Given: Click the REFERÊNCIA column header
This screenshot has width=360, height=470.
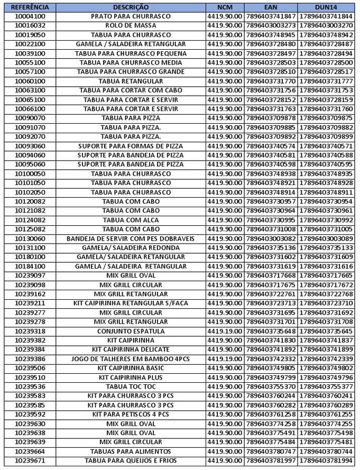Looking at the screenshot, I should pyautogui.click(x=30, y=7).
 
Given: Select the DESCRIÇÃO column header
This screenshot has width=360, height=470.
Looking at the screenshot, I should pyautogui.click(x=131, y=7).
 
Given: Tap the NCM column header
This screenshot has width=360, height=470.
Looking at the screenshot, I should pyautogui.click(x=225, y=7).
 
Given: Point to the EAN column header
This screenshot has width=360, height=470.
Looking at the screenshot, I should pyautogui.click(x=271, y=7).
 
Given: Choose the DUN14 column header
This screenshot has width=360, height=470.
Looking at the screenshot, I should pyautogui.click(x=326, y=7).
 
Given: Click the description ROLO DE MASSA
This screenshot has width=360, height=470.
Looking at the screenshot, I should pyautogui.click(x=131, y=25).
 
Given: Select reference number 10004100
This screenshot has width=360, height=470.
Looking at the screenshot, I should pyautogui.click(x=30, y=16).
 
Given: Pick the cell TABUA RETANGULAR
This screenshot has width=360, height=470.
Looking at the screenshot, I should pyautogui.click(x=131, y=81).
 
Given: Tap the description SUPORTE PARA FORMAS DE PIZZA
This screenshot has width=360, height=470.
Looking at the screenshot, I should pyautogui.click(x=131, y=146).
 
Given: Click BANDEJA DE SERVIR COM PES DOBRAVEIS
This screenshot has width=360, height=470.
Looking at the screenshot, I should pyautogui.click(x=131, y=238).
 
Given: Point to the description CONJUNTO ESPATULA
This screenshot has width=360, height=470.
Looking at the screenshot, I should pyautogui.click(x=131, y=331).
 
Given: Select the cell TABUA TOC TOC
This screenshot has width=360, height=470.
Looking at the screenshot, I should pyautogui.click(x=131, y=386).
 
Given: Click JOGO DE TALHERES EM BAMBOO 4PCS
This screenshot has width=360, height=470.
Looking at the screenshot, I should pyautogui.click(x=131, y=359).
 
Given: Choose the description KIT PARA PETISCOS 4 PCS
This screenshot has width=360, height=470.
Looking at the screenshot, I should pyautogui.click(x=131, y=414).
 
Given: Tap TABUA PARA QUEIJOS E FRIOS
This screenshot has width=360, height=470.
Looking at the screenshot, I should pyautogui.click(x=131, y=460).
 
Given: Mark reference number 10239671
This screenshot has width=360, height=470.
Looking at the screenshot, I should pyautogui.click(x=30, y=460).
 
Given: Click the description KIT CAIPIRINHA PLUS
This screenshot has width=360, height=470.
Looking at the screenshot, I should pyautogui.click(x=131, y=377).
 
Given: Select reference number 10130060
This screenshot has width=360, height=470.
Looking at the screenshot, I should pyautogui.click(x=30, y=238).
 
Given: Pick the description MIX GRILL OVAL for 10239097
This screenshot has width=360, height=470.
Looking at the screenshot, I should pyautogui.click(x=131, y=275).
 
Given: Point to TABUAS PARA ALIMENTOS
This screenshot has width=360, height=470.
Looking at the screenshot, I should pyautogui.click(x=131, y=451).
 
